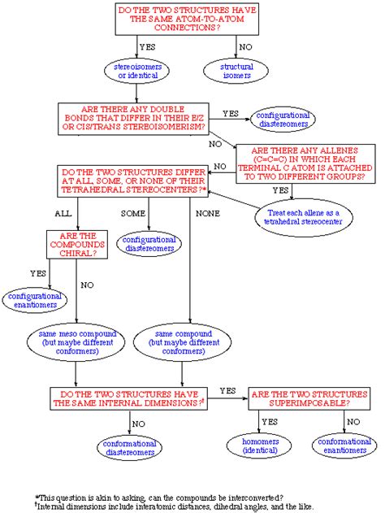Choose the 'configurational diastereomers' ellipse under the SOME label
coord(149,245)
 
